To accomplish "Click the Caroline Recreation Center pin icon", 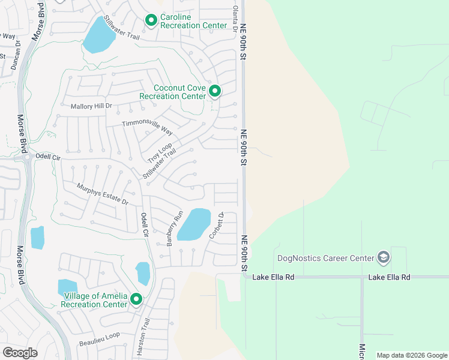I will point(151,20).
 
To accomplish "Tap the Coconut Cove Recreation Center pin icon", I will point(214,91).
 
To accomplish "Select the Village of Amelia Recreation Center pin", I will point(136,299).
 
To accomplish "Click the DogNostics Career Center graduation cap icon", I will point(383,258).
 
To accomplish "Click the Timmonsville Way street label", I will point(147,127).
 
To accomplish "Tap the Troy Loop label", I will point(160,153).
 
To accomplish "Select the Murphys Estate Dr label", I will point(103,194).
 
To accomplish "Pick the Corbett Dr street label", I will point(216,226).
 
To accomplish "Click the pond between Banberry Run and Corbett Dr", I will point(194,224).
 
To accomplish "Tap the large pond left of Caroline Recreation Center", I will point(98,36).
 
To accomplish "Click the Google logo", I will point(20,352).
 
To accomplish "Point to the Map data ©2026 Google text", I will point(411,355).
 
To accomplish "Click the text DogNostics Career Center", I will point(324,259).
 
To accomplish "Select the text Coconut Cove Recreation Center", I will point(172,92).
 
